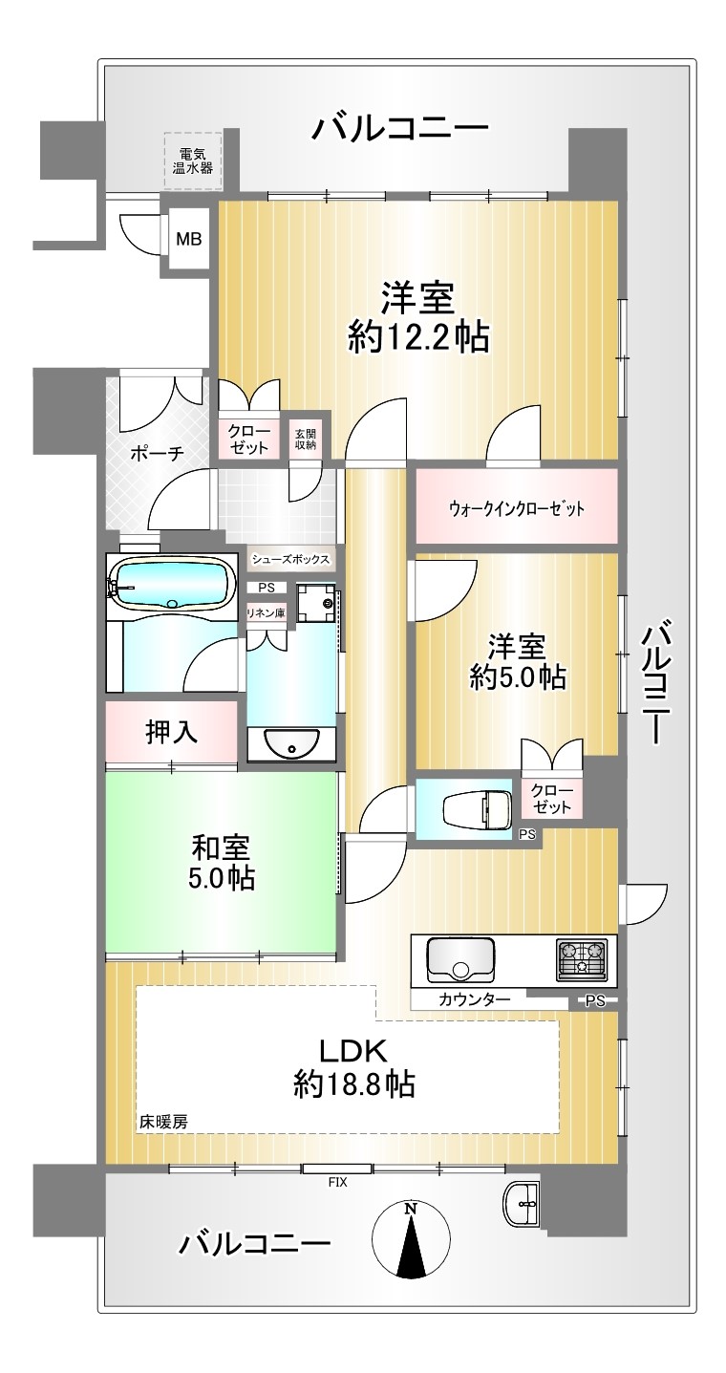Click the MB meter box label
189,239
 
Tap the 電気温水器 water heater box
192,161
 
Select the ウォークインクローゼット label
517,508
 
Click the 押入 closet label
171,732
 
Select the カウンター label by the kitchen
474,999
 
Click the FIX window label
337,1182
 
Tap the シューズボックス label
291,559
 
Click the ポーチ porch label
158,454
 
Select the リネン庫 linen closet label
267,612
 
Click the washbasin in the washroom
291,743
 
